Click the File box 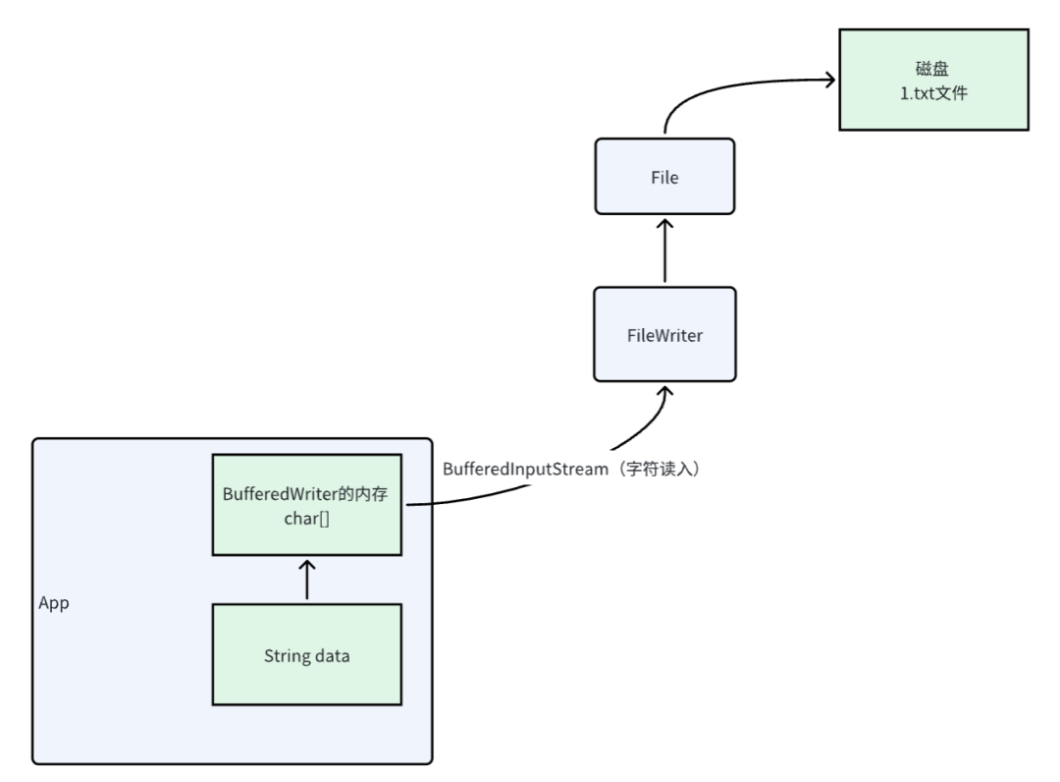point(664,178)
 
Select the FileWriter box point(664,335)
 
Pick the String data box point(306,655)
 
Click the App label point(53,603)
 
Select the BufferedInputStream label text point(525,470)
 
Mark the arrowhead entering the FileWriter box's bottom point(664,389)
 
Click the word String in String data point(285,655)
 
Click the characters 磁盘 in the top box point(933,69)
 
